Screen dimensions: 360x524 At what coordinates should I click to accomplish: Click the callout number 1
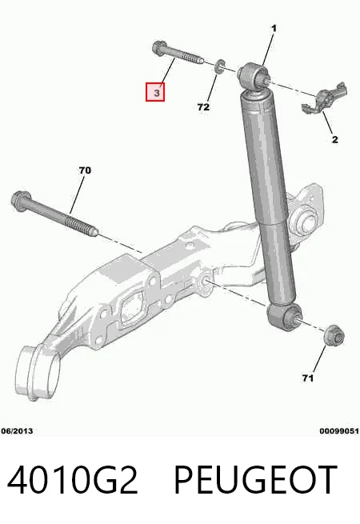[274, 29]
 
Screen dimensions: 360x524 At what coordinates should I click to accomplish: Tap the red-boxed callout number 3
[155, 92]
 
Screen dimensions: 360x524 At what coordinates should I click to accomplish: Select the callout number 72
[203, 107]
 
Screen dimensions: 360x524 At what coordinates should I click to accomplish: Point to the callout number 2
[335, 139]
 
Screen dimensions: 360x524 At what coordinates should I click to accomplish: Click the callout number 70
[85, 170]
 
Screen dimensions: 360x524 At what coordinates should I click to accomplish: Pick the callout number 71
[307, 378]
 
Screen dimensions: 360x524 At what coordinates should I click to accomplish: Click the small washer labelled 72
[219, 66]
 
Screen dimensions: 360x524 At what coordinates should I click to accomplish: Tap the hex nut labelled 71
[334, 335]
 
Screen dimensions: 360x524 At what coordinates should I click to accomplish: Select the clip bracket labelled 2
[325, 98]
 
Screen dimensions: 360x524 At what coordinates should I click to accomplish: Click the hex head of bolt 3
[159, 49]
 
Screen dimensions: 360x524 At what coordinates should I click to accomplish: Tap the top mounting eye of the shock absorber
[254, 76]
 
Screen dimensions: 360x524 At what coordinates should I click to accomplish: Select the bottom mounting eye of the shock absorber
[284, 316]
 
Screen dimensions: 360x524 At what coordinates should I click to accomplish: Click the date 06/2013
[17, 431]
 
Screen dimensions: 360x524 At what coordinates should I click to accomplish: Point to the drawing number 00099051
[339, 431]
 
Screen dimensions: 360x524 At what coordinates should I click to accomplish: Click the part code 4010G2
[72, 479]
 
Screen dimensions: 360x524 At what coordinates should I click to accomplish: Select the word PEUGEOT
[254, 479]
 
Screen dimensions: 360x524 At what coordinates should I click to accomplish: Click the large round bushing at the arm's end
[38, 372]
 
